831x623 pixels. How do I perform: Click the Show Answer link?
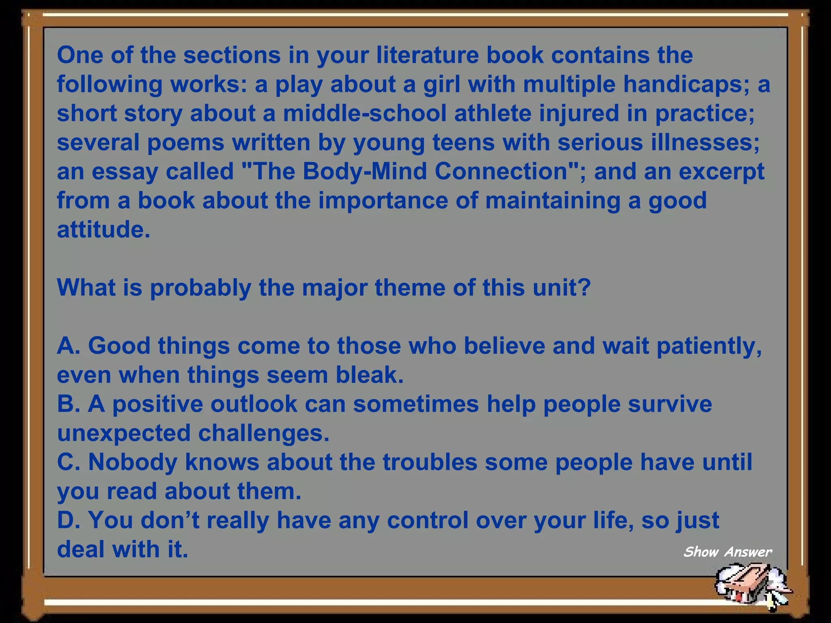(727, 552)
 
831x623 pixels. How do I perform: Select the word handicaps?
(687, 84)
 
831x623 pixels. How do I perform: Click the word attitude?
(103, 230)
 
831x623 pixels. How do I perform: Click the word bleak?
(369, 375)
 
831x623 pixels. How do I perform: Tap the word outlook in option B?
(254, 404)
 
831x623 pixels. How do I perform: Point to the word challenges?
(264, 434)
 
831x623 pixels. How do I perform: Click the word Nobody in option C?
(133, 462)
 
